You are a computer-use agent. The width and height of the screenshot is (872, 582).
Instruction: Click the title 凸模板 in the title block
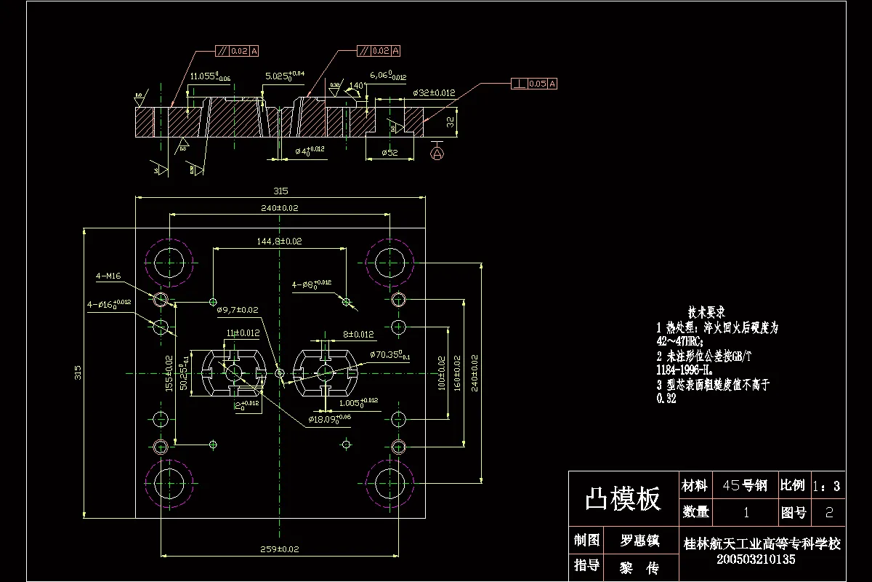[x=623, y=499]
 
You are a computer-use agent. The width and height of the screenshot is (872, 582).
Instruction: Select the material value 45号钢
[x=741, y=486]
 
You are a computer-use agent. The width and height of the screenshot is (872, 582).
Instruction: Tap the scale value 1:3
[x=826, y=486]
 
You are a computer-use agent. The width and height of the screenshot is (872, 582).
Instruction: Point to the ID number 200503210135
[x=756, y=559]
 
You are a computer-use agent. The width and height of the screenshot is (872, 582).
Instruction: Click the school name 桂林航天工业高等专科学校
[x=762, y=543]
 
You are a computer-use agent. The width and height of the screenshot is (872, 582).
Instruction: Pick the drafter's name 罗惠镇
[x=639, y=541]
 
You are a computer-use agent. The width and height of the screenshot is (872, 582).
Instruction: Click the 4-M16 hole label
[x=108, y=276]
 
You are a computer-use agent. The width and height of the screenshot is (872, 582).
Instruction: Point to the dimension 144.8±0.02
[x=280, y=241]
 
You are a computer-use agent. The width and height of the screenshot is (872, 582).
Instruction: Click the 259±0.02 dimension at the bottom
[x=280, y=549]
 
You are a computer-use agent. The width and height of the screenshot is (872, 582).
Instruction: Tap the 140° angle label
[x=355, y=86]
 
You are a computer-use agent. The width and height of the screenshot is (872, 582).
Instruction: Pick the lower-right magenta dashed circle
[x=390, y=481]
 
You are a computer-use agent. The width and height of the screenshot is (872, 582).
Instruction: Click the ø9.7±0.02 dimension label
[x=237, y=310]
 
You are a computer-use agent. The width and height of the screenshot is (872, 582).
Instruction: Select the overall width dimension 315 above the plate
[x=280, y=191]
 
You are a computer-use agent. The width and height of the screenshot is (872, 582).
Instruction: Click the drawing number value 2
[x=830, y=513]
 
